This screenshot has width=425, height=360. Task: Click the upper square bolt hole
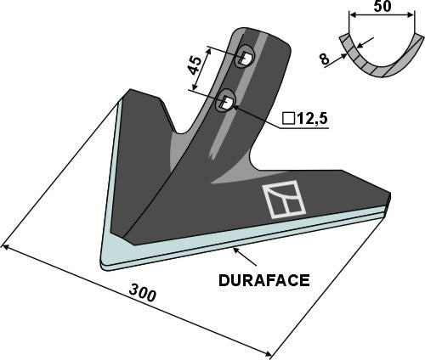pyautogui.click(x=244, y=59)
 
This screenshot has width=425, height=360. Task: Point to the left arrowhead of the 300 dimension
pyautogui.click(x=8, y=247)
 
